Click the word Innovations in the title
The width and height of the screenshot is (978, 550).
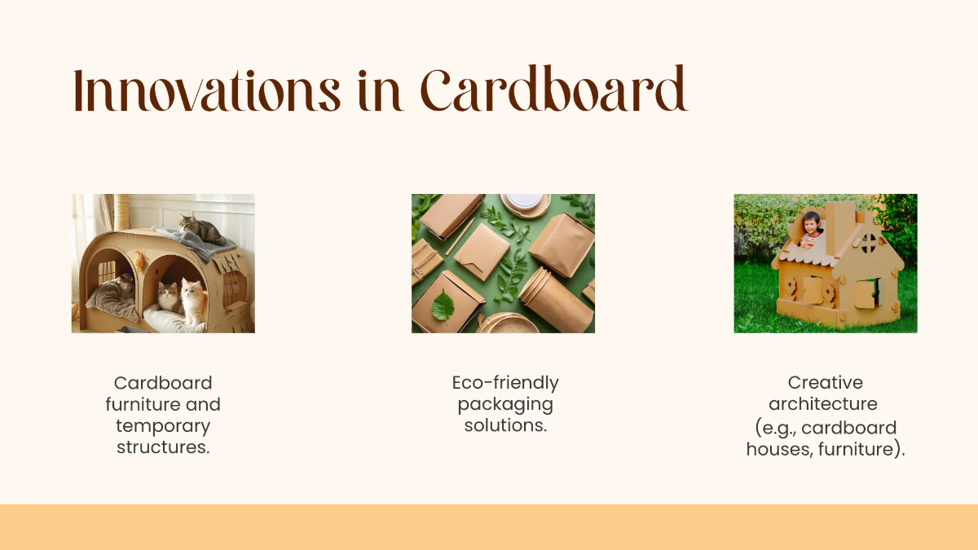pyautogui.click(x=206, y=91)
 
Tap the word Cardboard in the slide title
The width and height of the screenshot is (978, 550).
pyautogui.click(x=554, y=91)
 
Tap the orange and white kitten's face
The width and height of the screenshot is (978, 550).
pyautogui.click(x=192, y=290)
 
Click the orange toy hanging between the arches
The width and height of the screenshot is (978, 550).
pyautogui.click(x=139, y=261)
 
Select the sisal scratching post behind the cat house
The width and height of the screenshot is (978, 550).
pyautogui.click(x=122, y=211)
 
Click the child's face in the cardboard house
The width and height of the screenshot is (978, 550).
pyautogui.click(x=810, y=223)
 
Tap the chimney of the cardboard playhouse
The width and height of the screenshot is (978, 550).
pyautogui.click(x=840, y=216)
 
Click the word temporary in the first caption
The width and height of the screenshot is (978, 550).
pyautogui.click(x=163, y=426)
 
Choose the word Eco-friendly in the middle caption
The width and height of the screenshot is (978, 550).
pyautogui.click(x=505, y=383)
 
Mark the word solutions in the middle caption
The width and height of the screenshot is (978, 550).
pyautogui.click(x=505, y=425)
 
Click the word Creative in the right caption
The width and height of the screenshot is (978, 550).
pyautogui.click(x=825, y=383)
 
